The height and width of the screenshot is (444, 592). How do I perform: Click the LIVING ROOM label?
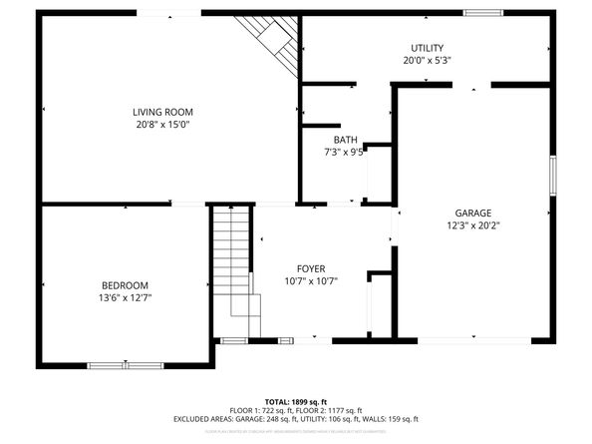[162, 112]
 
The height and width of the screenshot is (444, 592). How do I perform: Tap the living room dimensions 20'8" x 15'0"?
[162, 125]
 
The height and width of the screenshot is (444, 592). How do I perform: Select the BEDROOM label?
[125, 284]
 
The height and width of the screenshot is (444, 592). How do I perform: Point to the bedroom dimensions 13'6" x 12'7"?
[125, 297]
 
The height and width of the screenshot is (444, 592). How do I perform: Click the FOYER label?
[311, 268]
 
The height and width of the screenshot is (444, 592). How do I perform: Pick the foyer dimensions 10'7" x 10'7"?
[311, 281]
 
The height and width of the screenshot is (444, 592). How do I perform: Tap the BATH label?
[345, 140]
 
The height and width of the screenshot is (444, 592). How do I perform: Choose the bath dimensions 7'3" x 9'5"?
[346, 153]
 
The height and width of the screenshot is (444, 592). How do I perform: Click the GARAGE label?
[473, 213]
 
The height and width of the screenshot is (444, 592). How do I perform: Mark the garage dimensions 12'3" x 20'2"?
[473, 225]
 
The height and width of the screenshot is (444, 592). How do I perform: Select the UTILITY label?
[428, 48]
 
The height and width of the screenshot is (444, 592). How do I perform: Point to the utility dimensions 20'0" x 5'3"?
[428, 61]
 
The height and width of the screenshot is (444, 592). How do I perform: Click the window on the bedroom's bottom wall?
[126, 366]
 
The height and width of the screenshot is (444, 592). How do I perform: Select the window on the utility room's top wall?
[482, 13]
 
